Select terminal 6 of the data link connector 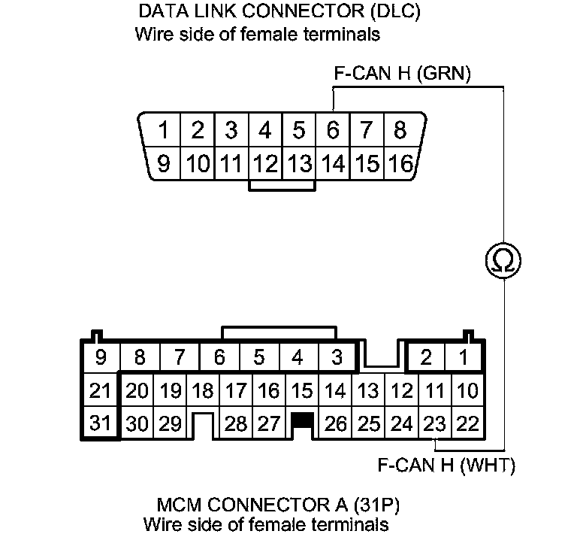(332, 131)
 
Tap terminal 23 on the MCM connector (435, 423)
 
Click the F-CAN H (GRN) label (402, 75)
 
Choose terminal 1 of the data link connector (163, 131)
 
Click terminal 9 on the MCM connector (99, 357)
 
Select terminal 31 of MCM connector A (99, 423)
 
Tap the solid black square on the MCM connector (302, 420)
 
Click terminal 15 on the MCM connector (302, 391)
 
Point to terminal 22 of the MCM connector (467, 423)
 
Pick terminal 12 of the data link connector (264, 163)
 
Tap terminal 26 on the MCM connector (336, 423)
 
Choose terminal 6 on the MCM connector (219, 357)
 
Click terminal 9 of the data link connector (163, 163)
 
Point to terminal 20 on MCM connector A (137, 391)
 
